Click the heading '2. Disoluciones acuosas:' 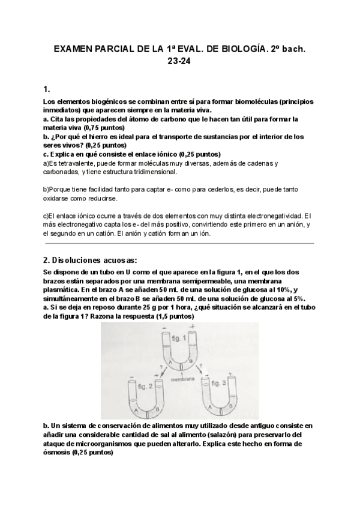[x=91, y=260]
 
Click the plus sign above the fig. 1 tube [x=192, y=326]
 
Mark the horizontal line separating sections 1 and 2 [x=180, y=244]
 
